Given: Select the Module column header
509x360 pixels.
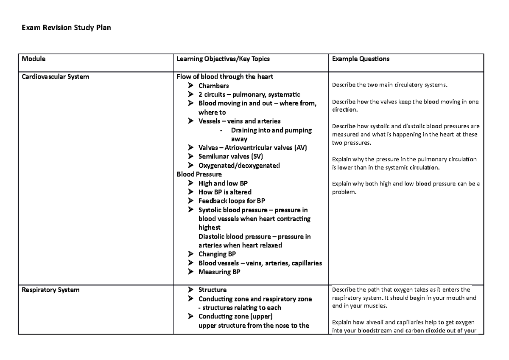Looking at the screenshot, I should pos(34,59).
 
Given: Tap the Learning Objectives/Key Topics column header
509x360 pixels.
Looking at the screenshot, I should pos(223,59).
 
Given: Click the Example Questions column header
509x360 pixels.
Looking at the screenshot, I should pos(361,59).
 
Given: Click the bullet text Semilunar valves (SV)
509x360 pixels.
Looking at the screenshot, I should pos(231,157).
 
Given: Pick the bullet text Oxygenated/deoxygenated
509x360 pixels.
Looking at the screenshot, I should pos(239,166).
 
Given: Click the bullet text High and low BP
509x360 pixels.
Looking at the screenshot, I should pos(223,183).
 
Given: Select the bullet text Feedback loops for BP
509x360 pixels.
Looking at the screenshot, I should pos(232,201).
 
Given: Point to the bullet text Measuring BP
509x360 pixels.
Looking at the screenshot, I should pos(219,272).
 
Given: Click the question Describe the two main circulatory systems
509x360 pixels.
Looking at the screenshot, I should pos(389,85).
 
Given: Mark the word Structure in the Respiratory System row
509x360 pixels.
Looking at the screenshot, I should pos(212,290).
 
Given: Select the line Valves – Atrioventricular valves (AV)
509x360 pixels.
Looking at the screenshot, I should pos(252,148).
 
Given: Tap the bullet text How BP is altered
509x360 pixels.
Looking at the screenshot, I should pos(225,192).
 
